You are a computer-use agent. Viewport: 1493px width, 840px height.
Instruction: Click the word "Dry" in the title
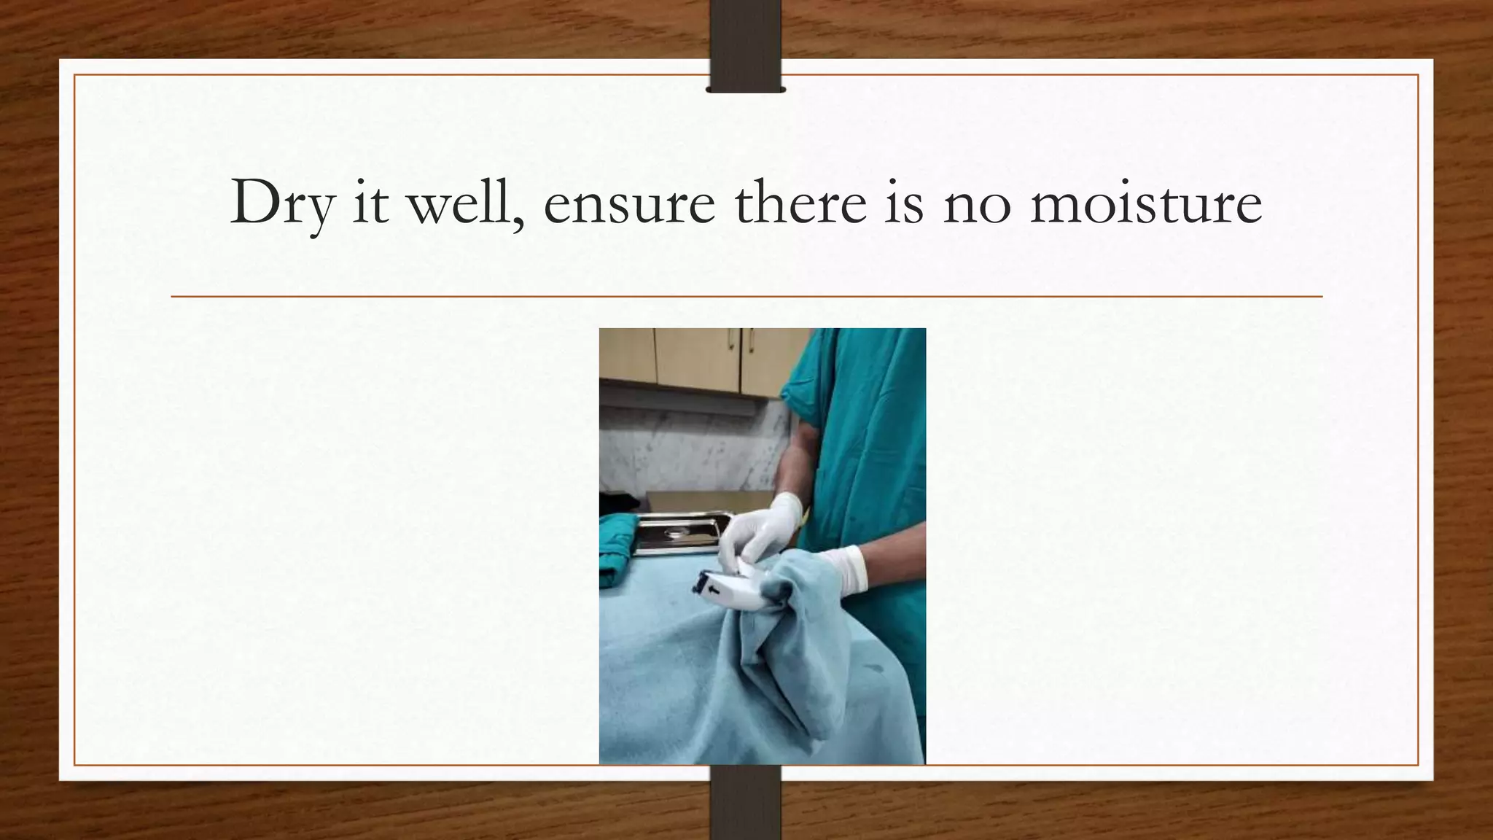pos(281,203)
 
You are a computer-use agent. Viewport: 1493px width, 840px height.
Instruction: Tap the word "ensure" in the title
pos(629,203)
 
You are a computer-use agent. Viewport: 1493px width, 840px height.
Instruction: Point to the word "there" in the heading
pos(800,203)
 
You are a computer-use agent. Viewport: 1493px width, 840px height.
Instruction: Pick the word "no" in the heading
pos(977,203)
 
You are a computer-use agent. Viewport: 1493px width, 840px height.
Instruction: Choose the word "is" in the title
pos(904,203)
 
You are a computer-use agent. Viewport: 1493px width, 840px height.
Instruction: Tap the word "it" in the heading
pos(370,203)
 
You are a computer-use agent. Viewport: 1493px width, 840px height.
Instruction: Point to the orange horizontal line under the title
pos(746,297)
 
